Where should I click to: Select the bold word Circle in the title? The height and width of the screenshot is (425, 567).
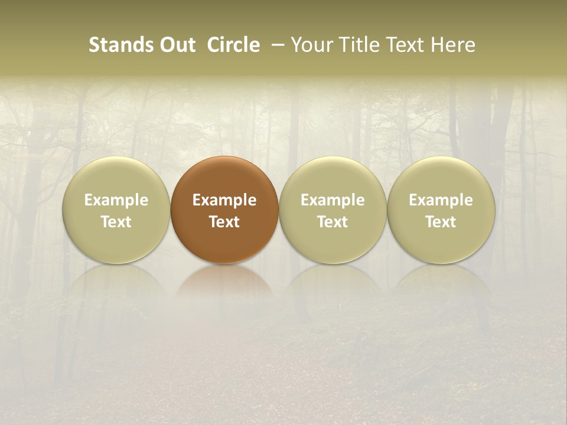coord(233,45)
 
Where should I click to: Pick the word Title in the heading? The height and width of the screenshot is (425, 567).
coord(356,45)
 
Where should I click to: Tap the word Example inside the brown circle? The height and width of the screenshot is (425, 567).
coord(224,200)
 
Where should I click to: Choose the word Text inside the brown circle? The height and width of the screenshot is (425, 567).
coord(224,222)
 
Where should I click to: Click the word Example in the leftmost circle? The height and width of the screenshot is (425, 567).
coord(116,200)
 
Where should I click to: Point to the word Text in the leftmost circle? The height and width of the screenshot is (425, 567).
coord(116,222)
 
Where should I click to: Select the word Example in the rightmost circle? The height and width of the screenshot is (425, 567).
coord(441,200)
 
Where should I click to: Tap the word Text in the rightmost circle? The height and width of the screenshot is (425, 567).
coord(441,222)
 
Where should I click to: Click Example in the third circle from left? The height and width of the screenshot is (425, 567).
coord(333,200)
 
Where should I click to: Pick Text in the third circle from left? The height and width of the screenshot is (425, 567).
coord(333,222)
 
